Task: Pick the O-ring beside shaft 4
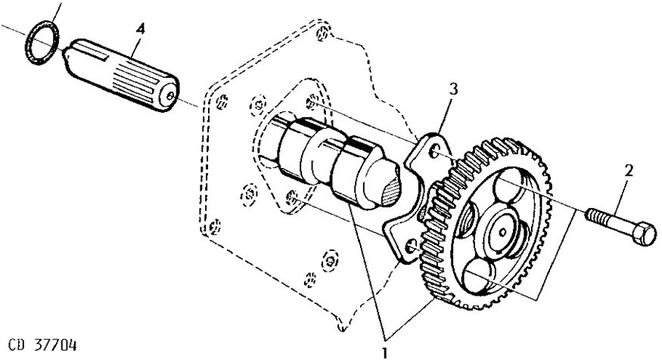click(38, 47)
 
